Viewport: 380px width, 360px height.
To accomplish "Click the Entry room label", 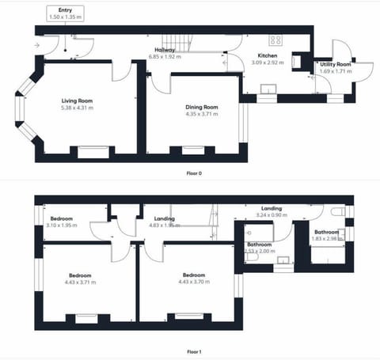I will point(65,9).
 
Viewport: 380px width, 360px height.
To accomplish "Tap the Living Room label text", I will point(79,100).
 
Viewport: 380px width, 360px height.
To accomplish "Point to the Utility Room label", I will point(335,64).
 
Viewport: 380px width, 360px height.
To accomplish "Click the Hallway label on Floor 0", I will point(165,50).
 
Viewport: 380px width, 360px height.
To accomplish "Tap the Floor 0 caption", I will point(193,172).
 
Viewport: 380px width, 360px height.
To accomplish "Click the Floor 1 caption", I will point(193,351).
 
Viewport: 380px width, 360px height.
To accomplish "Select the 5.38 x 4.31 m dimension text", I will point(79,108).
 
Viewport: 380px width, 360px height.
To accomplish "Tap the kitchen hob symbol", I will point(276,39).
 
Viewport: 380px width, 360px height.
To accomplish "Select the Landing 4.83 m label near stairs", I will point(165,218).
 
